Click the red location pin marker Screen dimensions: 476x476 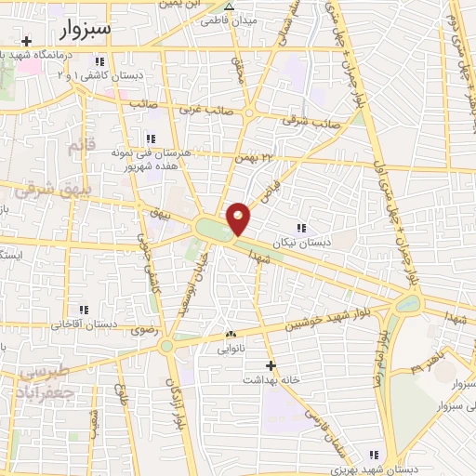[239, 218]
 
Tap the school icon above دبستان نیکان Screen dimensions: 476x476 [300, 228]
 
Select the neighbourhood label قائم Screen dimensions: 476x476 [82, 146]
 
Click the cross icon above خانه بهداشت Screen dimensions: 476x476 [271, 365]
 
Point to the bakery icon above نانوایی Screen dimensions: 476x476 [231, 335]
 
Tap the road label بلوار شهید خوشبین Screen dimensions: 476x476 [309, 323]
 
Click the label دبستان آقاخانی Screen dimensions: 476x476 [84, 324]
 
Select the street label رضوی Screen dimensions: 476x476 [144, 329]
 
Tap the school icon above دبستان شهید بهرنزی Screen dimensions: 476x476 [374, 455]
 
